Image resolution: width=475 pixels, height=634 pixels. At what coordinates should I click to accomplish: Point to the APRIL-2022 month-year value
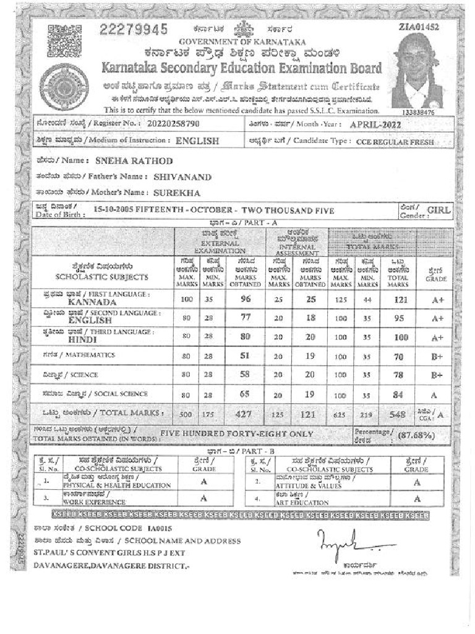pos(375,124)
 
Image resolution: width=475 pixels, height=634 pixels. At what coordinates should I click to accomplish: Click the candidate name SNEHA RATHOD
pos(134,161)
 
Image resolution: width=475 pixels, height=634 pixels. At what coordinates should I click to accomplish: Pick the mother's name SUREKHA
pos(175,193)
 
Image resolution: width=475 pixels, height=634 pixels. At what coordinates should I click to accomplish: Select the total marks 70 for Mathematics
pos(398,357)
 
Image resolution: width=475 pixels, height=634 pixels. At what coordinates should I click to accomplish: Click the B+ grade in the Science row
pos(437,375)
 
